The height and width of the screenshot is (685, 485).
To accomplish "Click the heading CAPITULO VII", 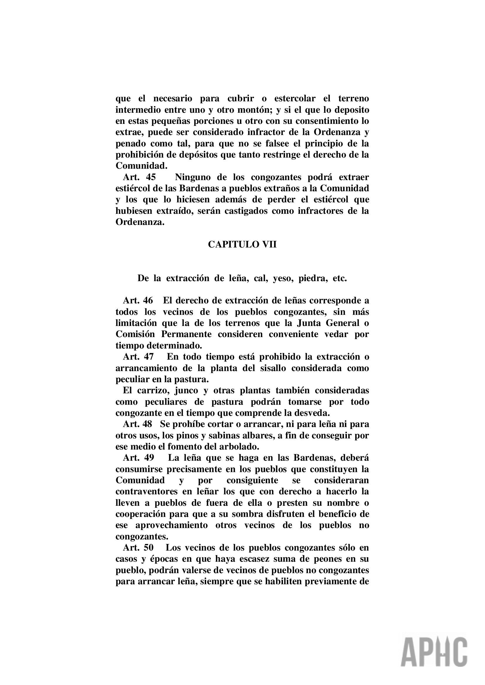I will click(x=242, y=244).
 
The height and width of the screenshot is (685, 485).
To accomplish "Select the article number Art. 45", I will click(x=140, y=177).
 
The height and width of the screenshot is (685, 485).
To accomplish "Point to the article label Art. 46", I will click(x=138, y=300).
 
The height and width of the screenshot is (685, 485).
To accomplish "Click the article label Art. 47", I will click(x=138, y=356).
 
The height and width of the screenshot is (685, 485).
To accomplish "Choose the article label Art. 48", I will click(x=138, y=424).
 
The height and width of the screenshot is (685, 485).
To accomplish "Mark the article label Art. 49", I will click(x=139, y=458).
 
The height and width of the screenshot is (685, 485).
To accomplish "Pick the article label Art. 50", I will click(x=138, y=548).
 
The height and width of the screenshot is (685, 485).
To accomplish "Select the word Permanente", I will click(x=187, y=334).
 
